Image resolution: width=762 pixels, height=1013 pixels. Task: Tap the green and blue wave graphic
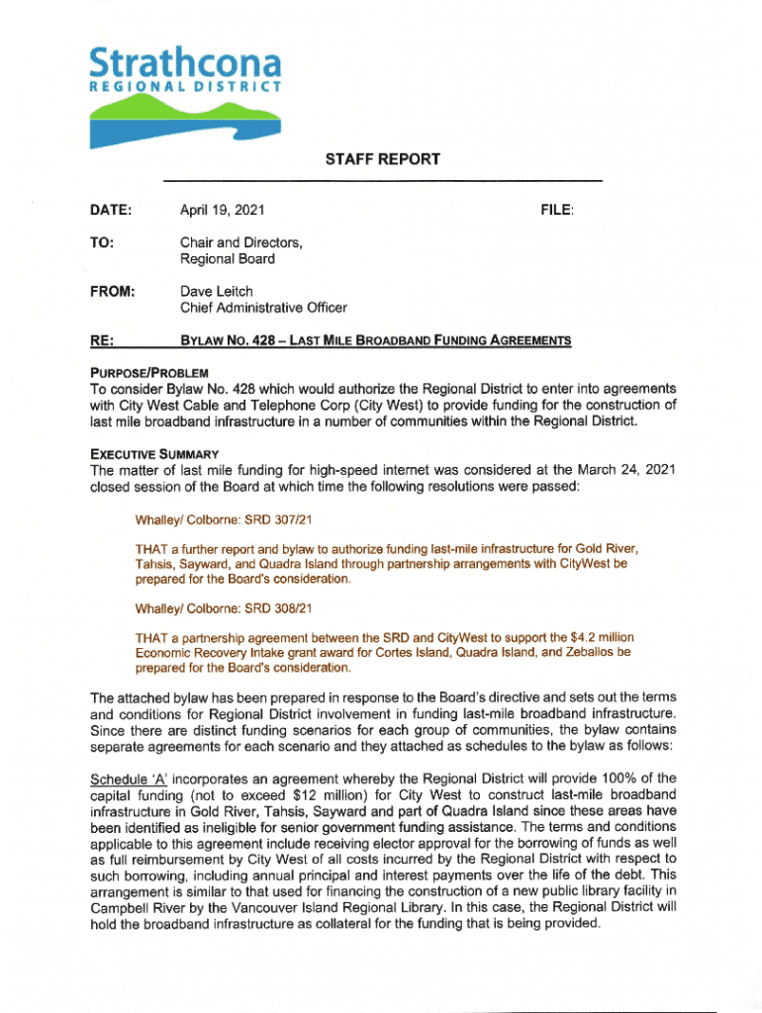click(178, 119)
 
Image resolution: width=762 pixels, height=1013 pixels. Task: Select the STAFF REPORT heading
click(381, 159)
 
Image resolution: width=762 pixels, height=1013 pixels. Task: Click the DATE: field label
click(111, 210)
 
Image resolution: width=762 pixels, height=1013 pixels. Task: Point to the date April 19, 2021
click(222, 210)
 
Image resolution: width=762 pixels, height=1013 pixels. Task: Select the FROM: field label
click(112, 292)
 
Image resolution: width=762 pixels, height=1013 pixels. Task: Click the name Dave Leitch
click(216, 292)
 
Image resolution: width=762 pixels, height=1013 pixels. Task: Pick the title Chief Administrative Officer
click(263, 309)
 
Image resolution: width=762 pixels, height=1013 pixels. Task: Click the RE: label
click(100, 341)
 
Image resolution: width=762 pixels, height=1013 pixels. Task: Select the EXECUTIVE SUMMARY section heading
click(147, 453)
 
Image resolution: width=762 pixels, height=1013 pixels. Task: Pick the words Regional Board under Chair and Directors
click(227, 259)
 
